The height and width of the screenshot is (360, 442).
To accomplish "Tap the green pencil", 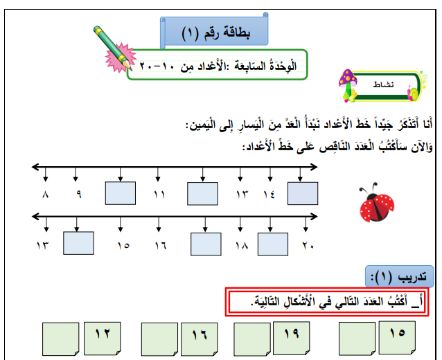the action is pyautogui.click(x=113, y=48).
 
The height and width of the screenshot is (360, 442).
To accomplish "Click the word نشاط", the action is pyautogui.click(x=383, y=84).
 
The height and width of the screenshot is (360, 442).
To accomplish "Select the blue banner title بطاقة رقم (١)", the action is pyautogui.click(x=216, y=33).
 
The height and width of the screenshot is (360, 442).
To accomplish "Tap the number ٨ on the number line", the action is pyautogui.click(x=46, y=195).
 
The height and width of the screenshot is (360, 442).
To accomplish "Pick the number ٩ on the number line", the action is pyautogui.click(x=79, y=195).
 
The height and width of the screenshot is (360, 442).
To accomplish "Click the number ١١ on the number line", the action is pyautogui.click(x=159, y=195).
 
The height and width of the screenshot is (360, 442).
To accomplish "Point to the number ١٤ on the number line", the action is pyautogui.click(x=269, y=195).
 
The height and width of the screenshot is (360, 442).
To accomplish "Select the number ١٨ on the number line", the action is pyautogui.click(x=242, y=246).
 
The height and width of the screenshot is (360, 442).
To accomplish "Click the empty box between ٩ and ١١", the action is pyautogui.click(x=121, y=193).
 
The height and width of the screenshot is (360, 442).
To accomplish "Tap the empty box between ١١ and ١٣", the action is pyautogui.click(x=203, y=194).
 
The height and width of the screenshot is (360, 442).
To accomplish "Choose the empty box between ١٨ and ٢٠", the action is pyautogui.click(x=273, y=244).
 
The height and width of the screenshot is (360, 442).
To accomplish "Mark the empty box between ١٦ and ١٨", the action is pyautogui.click(x=206, y=244).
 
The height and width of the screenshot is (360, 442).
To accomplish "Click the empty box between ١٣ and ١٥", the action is pyautogui.click(x=78, y=243).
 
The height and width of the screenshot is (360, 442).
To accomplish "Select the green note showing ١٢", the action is pyautogui.click(x=103, y=339).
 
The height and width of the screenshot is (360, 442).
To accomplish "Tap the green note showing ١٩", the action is pyautogui.click(x=292, y=338).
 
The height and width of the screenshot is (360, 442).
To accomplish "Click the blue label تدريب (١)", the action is pyautogui.click(x=399, y=277).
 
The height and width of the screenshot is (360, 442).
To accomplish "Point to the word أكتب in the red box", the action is pyautogui.click(x=398, y=301).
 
